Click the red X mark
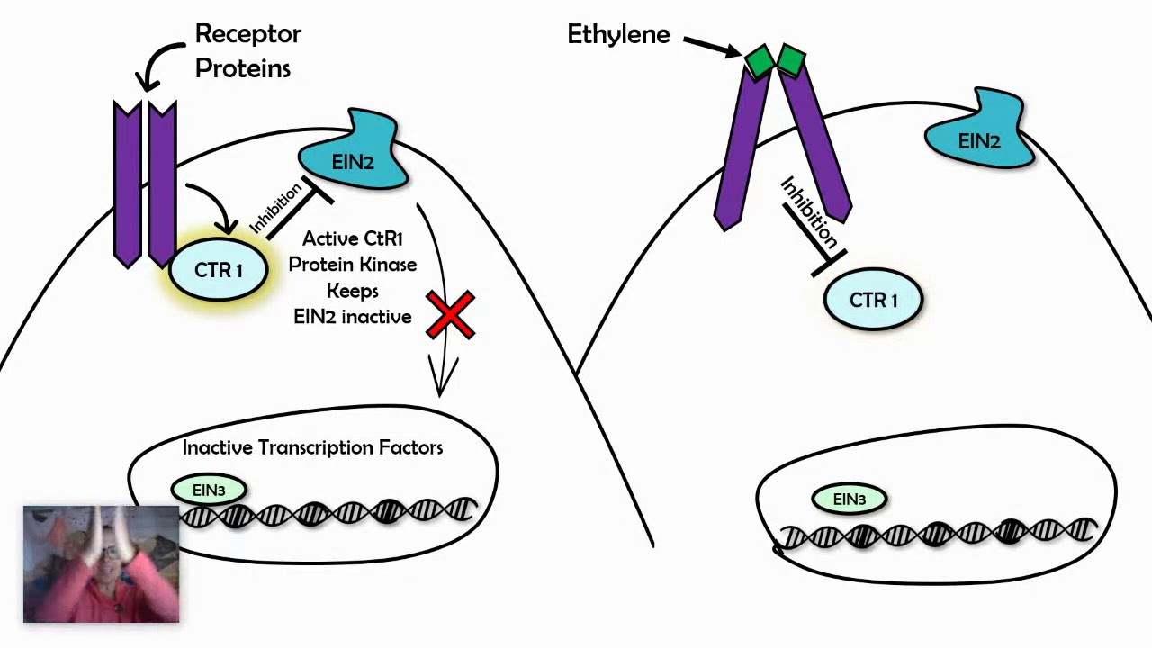point(450,314)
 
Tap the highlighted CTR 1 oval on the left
point(219,270)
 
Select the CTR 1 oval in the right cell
point(873,301)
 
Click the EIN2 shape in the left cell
point(352,158)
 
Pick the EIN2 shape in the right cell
point(979,138)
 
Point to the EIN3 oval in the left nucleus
point(208,490)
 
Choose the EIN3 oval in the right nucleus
point(849,499)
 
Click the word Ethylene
point(618,35)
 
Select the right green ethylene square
point(790,60)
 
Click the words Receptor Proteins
point(247,50)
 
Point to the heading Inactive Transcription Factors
point(312,447)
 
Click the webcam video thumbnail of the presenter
point(101,564)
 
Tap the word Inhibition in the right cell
point(808,212)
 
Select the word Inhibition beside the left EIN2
point(274,210)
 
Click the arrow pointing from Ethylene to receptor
point(713,46)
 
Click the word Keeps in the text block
point(352,291)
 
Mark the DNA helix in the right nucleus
point(936,534)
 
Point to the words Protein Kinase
point(352,265)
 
